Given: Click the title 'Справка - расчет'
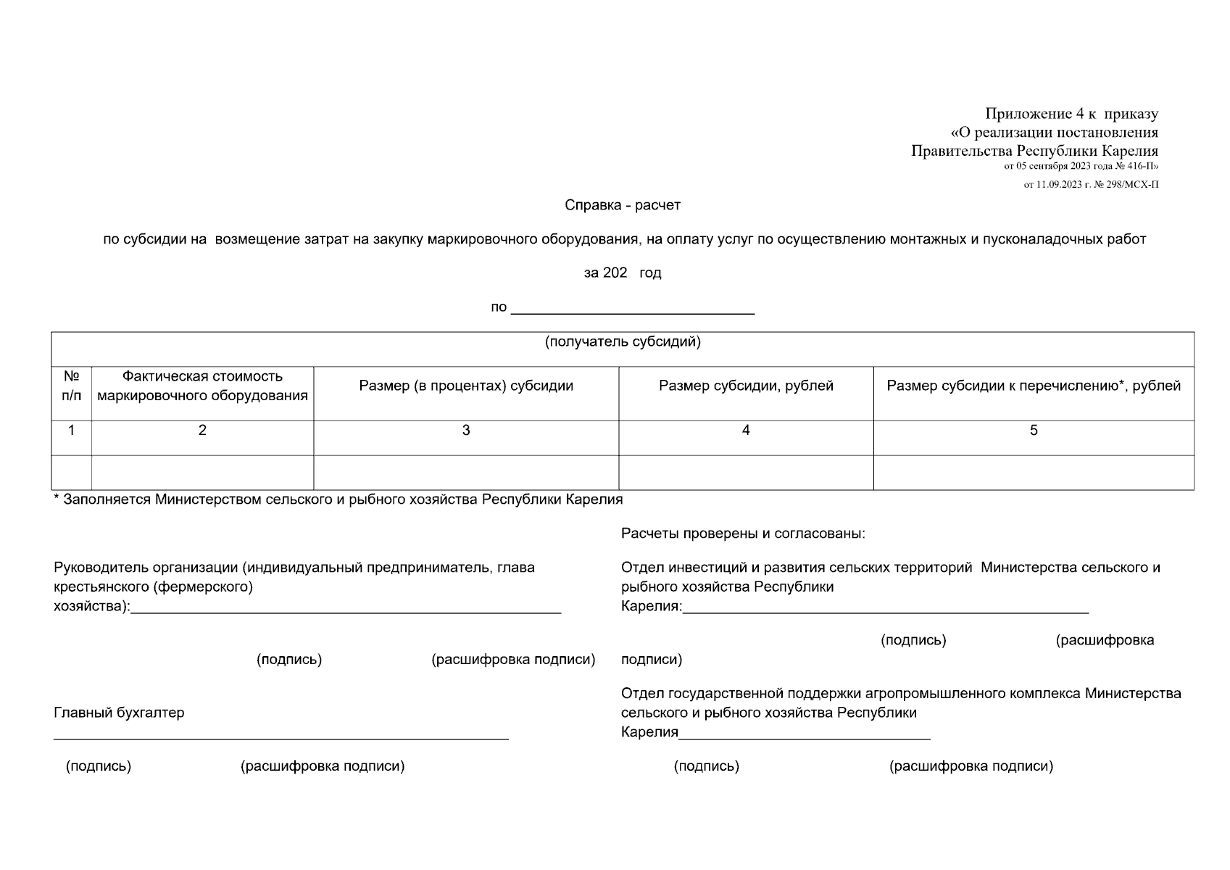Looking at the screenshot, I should point(622,205).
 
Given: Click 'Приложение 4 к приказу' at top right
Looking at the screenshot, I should point(1071,114).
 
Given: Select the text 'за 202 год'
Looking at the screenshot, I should point(622,273).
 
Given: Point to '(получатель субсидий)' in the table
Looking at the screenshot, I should point(622,342).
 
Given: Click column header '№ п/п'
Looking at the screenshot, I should point(71,386).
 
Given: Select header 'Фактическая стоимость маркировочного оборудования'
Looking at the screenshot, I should point(202,386).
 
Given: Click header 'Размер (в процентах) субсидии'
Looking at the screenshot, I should point(466,386).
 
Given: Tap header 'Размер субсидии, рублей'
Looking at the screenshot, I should point(746,386).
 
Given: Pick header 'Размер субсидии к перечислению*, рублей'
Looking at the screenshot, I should point(1034,386).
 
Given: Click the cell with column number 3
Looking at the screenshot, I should point(466,431).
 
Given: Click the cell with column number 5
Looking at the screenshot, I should point(1034,431).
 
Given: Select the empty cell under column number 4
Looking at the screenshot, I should point(746,473).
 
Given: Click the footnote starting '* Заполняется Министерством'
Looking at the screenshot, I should point(338,500).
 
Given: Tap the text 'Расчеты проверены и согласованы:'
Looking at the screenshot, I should point(743,534).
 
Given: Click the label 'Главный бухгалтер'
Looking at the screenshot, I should point(119,713).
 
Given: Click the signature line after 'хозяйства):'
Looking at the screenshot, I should point(345,610).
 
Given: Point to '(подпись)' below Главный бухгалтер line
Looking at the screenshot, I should point(99,766).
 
